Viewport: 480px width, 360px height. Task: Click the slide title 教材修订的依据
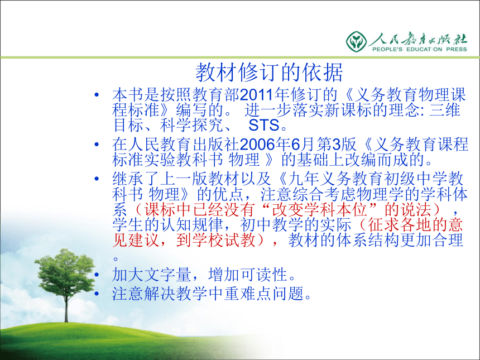(x=269, y=73)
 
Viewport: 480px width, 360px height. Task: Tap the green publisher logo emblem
(x=356, y=41)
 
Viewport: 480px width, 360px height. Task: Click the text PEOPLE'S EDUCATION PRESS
(x=419, y=49)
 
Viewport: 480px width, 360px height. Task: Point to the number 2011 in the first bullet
(x=257, y=95)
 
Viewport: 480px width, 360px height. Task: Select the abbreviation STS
(x=264, y=125)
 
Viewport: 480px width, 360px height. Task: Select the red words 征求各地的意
(x=415, y=225)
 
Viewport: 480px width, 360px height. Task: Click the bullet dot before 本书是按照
(x=97, y=95)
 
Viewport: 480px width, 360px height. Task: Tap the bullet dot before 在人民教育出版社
(x=97, y=144)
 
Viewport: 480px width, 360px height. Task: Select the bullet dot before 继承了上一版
(x=97, y=179)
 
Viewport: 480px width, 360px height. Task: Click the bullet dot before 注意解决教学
(x=97, y=294)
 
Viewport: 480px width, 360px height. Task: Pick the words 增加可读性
(x=248, y=275)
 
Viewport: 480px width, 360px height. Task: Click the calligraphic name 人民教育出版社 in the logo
(x=419, y=39)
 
